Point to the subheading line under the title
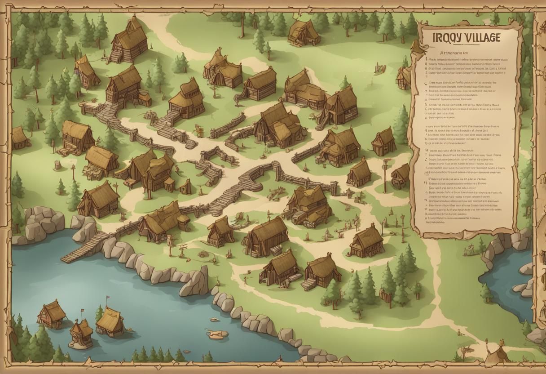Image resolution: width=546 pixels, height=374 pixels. coord(465,52)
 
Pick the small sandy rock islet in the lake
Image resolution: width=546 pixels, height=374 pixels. coord(217,334)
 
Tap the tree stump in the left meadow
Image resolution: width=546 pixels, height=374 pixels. coord(57,165)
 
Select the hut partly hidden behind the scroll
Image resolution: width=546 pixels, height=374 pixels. coord(404,79)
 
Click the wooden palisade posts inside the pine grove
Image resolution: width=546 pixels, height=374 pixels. coord(385,296)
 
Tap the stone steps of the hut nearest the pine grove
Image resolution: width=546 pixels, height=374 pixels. coord(308,284)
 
